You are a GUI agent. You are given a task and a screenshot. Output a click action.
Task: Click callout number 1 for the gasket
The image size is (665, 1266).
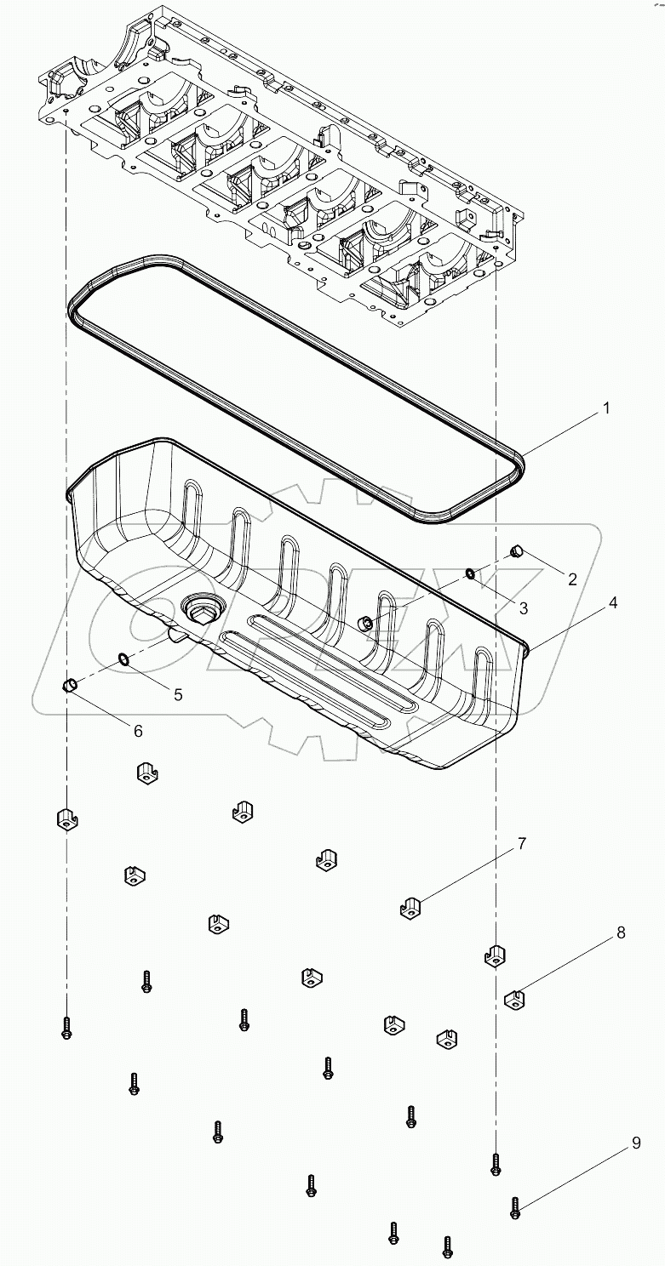[606, 408]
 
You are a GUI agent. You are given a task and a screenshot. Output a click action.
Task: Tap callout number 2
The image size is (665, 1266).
[572, 579]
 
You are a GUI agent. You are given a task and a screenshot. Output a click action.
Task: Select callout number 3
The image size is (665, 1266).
[547, 607]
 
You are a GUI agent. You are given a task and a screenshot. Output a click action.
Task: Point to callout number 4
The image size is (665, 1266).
[612, 602]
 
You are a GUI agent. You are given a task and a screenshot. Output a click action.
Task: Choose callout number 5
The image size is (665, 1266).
[178, 694]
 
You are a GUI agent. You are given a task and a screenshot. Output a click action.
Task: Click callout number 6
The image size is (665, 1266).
[138, 731]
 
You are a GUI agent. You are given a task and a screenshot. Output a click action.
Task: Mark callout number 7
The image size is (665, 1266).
[521, 844]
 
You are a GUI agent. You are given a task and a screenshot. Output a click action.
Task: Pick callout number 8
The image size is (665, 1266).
[621, 932]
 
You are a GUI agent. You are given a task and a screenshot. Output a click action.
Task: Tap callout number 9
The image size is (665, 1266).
[636, 1144]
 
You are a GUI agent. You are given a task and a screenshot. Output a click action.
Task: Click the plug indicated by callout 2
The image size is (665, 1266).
[515, 552]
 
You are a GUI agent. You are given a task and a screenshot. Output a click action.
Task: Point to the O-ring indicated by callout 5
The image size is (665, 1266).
[123, 659]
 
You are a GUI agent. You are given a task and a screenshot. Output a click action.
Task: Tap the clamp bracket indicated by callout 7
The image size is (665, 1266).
[411, 909]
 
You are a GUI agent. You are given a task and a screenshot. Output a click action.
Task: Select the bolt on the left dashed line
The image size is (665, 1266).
[66, 1028]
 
